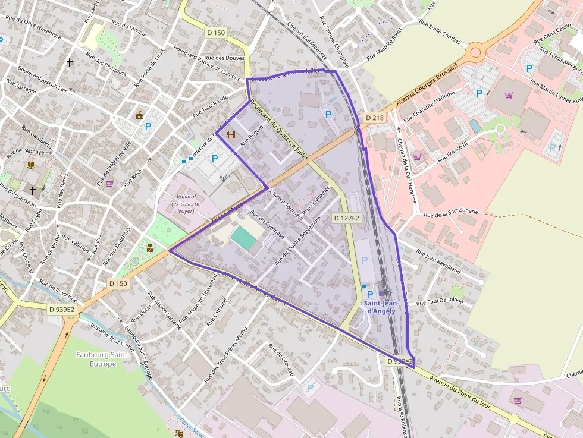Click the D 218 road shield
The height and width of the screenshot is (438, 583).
coord(375,118)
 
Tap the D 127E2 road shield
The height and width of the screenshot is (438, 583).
coord(346,219)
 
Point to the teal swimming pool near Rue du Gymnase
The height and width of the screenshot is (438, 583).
coord(244,238)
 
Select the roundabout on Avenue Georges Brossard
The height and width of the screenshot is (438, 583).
coord(475,52)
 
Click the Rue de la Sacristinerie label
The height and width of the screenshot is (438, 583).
coord(451,213)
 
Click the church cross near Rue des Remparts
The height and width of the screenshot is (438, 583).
coord(70,62)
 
